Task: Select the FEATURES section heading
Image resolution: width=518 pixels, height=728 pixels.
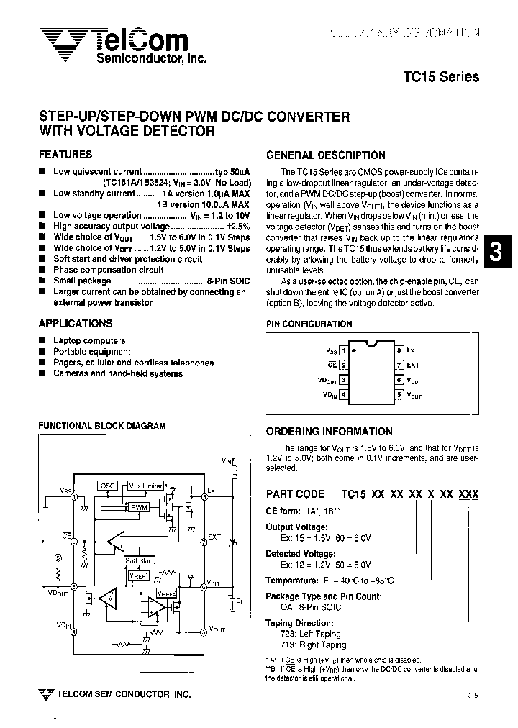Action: pyautogui.click(x=65, y=155)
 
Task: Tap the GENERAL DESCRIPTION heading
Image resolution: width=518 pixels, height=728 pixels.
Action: pyautogui.click(x=326, y=155)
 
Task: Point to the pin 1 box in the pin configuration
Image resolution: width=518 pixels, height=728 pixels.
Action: pyautogui.click(x=344, y=350)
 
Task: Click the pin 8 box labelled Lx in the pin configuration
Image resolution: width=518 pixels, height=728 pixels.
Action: pyautogui.click(x=399, y=350)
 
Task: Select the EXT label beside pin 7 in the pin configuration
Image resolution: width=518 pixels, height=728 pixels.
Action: pyautogui.click(x=413, y=365)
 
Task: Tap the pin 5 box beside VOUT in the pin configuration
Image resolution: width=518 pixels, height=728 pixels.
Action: pyautogui.click(x=399, y=394)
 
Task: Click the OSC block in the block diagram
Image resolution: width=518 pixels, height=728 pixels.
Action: pyautogui.click(x=107, y=486)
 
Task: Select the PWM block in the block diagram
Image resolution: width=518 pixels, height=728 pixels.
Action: pyautogui.click(x=139, y=507)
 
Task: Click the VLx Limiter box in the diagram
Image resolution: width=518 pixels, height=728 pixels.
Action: pyautogui.click(x=146, y=486)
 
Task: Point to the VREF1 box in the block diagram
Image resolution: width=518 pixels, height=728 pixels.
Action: pyautogui.click(x=137, y=575)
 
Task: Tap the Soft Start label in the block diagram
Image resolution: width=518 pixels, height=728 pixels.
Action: pyautogui.click(x=139, y=560)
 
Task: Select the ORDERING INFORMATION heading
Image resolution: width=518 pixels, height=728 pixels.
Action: pyautogui.click(x=330, y=432)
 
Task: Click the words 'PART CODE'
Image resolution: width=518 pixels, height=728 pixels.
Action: pyautogui.click(x=296, y=494)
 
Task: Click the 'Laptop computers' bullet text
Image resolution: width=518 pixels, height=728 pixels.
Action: pyautogui.click(x=89, y=340)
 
